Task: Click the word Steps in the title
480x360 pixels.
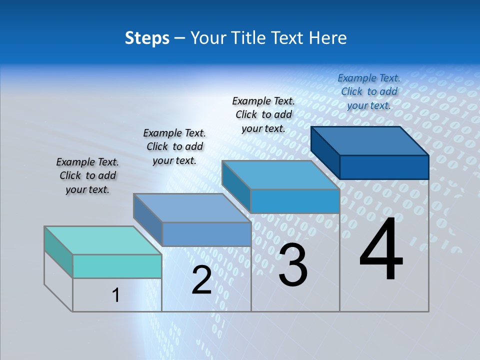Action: [x=146, y=38]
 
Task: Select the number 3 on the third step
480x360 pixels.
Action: [x=292, y=265]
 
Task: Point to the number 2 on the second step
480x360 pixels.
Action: [x=201, y=280]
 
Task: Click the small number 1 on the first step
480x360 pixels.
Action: [x=115, y=295]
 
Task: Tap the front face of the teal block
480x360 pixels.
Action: [x=117, y=266]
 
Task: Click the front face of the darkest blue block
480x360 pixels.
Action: [x=384, y=167]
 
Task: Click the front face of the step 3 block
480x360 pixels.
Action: [x=295, y=201]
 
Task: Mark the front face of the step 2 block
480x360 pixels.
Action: [x=206, y=234]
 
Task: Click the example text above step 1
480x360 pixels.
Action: [x=87, y=176]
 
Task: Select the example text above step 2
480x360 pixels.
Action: [x=174, y=146]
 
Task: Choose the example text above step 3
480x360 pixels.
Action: [x=263, y=114]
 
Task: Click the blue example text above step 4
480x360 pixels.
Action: [x=369, y=91]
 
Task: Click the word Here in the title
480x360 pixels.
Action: [x=329, y=38]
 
